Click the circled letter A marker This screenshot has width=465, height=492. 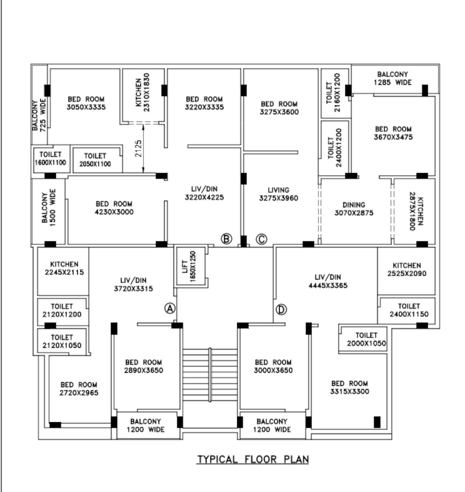click(170, 308)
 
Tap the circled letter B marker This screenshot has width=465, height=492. click(226, 239)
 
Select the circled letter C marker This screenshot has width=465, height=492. click(262, 239)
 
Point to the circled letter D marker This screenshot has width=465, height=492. click(281, 310)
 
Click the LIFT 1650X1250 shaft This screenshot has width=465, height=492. click(189, 267)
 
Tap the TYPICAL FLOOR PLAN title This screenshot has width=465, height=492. click(253, 459)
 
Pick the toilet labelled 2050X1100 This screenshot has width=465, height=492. click(95, 160)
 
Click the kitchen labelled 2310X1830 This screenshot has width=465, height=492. click(143, 95)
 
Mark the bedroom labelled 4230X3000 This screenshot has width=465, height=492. click(114, 208)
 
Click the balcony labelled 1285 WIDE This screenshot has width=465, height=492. click(393, 78)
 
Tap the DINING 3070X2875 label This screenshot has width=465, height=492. click(354, 209)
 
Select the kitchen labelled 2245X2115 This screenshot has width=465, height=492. click(64, 269)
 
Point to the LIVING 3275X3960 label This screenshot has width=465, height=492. click(279, 194)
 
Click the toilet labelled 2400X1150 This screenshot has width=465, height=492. click(409, 310)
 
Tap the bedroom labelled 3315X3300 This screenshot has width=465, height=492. click(350, 387)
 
